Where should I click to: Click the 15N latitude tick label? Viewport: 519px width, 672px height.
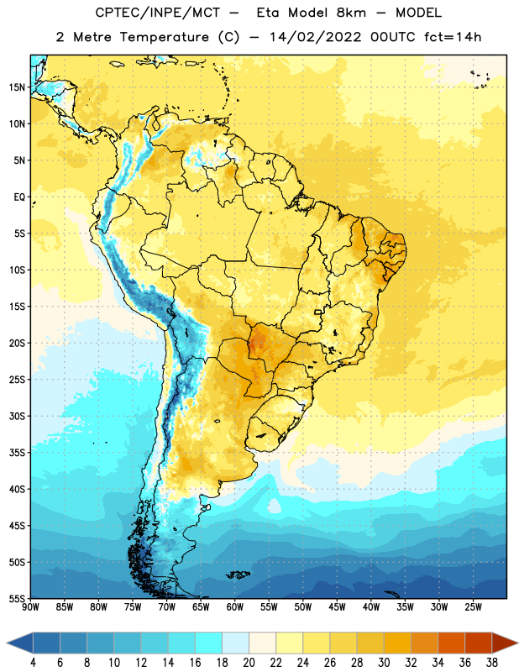(x=17, y=87)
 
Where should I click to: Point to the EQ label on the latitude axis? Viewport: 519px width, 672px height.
(x=19, y=197)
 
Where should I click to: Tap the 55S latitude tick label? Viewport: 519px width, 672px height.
(x=17, y=598)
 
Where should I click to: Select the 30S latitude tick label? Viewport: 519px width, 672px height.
(x=17, y=416)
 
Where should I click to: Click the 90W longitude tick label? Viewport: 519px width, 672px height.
(x=30, y=607)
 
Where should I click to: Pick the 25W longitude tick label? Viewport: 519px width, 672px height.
(x=473, y=607)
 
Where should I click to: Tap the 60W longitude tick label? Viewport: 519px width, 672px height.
(x=235, y=607)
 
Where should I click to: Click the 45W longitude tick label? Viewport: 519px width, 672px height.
(x=337, y=607)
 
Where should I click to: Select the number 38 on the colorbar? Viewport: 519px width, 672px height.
(x=491, y=663)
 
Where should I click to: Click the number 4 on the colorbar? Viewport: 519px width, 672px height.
(x=33, y=663)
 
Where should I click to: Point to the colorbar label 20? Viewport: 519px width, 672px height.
(x=249, y=663)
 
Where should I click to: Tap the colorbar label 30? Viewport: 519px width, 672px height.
(x=384, y=663)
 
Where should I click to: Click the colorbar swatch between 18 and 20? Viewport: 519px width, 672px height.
(x=235, y=643)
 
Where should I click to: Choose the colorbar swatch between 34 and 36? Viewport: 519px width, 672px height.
(x=451, y=643)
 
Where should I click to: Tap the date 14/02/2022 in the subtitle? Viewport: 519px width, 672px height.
(x=315, y=37)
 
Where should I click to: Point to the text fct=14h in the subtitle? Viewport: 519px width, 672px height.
(x=453, y=37)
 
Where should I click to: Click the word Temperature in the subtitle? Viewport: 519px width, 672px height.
(x=164, y=37)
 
